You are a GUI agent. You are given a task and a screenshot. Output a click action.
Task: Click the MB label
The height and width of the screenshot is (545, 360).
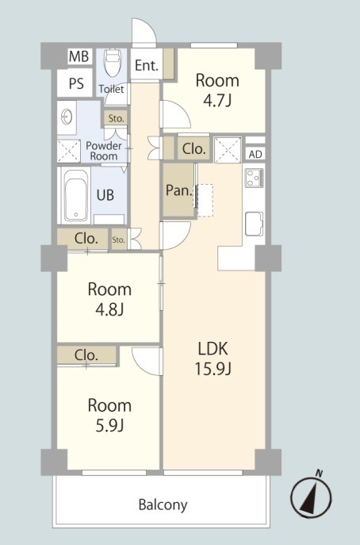pyautogui.click(x=79, y=56)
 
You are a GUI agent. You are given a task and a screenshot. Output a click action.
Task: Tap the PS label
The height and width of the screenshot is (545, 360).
pyautogui.click(x=76, y=83)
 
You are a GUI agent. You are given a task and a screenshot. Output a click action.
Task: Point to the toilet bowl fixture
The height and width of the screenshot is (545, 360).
pyautogui.click(x=113, y=63)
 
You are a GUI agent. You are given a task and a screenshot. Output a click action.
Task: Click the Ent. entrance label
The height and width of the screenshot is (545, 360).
pyautogui.click(x=146, y=65)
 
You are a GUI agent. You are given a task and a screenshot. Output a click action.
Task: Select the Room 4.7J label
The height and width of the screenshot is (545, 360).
pyautogui.click(x=217, y=90)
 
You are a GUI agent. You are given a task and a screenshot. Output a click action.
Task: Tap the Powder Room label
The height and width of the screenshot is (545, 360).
pyautogui.click(x=104, y=151)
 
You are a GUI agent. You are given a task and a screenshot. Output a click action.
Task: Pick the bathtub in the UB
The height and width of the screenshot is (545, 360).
pyautogui.click(x=76, y=195)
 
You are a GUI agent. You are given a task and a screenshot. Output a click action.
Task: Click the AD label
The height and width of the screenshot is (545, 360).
pyautogui.click(x=255, y=154)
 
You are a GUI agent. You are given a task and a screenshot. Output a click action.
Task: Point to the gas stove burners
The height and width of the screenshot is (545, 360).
pyautogui.click(x=255, y=178)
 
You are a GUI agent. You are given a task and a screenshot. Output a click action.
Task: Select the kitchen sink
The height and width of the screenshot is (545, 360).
pyautogui.click(x=255, y=224)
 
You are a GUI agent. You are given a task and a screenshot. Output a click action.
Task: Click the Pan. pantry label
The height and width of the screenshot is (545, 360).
pyautogui.click(x=179, y=190)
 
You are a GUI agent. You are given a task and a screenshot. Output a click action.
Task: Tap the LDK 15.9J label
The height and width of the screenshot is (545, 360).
pyautogui.click(x=213, y=359)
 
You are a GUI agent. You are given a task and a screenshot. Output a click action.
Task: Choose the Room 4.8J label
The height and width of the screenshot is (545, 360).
pyautogui.click(x=109, y=299)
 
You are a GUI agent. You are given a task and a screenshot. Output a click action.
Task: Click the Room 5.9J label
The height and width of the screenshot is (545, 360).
pyautogui.click(x=109, y=416)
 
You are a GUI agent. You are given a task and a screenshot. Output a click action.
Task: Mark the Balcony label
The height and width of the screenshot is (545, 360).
pyautogui.click(x=163, y=505)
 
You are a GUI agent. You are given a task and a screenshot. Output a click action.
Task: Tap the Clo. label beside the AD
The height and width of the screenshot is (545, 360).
pyautogui.click(x=194, y=149)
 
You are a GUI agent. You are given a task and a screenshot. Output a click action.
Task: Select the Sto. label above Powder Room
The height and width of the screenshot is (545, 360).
pyautogui.click(x=116, y=118)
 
